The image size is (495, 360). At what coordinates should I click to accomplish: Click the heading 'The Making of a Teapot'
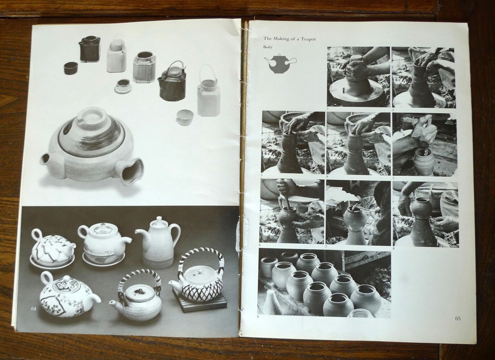pyautogui.click(x=290, y=39)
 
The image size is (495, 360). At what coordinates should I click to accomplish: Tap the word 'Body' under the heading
pyautogui.click(x=268, y=47)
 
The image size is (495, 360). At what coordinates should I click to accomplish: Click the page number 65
pyautogui.click(x=457, y=319)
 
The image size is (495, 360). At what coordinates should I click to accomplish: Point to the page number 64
pyautogui.click(x=34, y=309)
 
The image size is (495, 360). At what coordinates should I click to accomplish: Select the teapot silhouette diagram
pyautogui.click(x=280, y=64)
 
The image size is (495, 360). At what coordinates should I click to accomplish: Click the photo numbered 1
pyautogui.click(x=358, y=77)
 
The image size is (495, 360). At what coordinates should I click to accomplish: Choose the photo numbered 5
pyautogui.click(x=425, y=145)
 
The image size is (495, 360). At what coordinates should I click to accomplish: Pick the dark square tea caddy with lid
pyautogui.click(x=89, y=49)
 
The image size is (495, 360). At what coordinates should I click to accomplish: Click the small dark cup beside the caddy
pyautogui.click(x=71, y=68)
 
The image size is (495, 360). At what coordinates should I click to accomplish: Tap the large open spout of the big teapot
pyautogui.click(x=131, y=171)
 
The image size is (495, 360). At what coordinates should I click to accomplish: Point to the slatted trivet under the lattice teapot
pyautogui.click(x=200, y=300)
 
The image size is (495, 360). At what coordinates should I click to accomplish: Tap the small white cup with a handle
pyautogui.click(x=184, y=118)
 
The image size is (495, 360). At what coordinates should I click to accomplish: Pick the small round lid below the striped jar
pyautogui.click(x=123, y=86)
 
